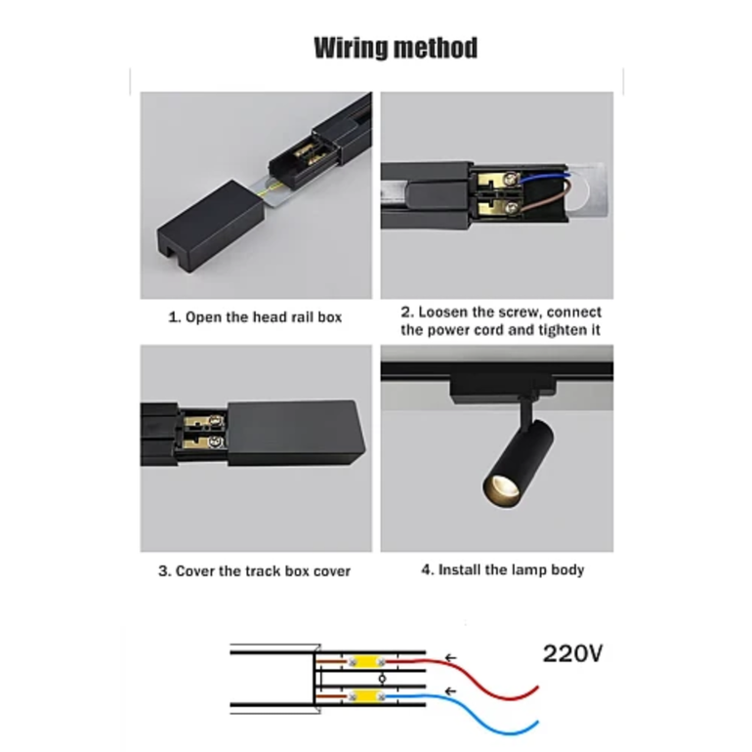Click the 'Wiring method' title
tap(396, 48)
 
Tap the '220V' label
tap(572, 653)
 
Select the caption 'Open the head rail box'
tap(264, 317)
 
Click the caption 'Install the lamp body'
tap(511, 569)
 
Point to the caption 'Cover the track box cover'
tap(263, 571)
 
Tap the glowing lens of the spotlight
tap(500, 489)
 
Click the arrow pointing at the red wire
tap(450, 658)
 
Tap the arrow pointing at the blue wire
tap(450, 691)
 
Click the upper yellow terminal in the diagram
tap(366, 662)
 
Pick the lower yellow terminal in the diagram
tap(366, 696)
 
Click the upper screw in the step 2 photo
tap(512, 180)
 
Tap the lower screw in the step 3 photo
tap(216, 442)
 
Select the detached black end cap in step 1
tap(210, 227)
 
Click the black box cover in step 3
tap(295, 433)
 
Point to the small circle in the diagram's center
tap(382, 679)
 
